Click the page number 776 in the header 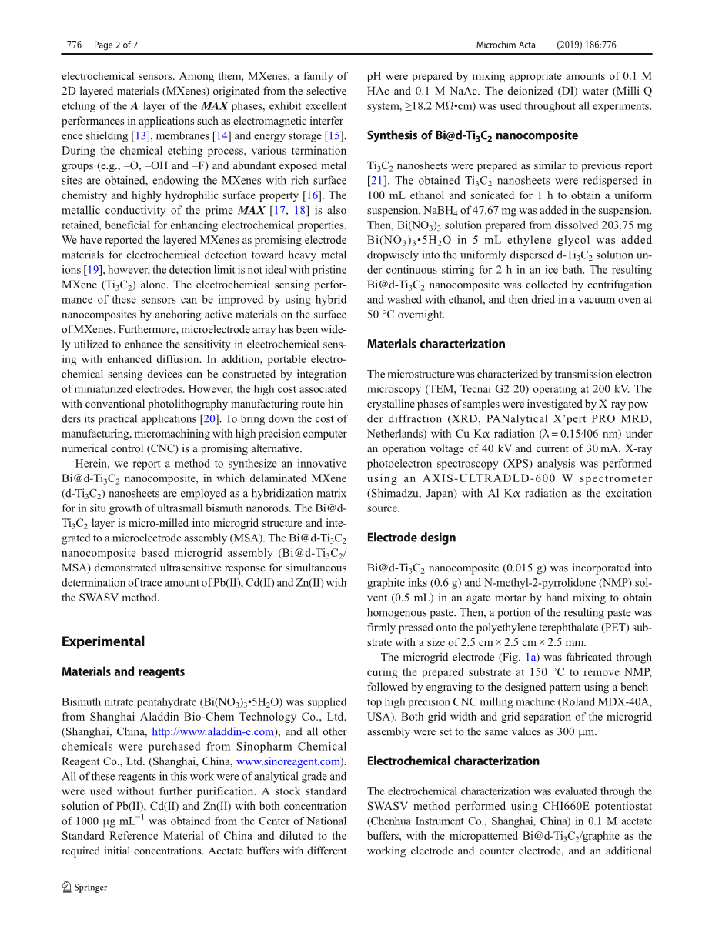click(x=74, y=45)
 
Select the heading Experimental click(x=103, y=641)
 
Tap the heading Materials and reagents click(x=123, y=671)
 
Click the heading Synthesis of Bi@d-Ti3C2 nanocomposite click(x=472, y=135)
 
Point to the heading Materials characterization click(x=436, y=344)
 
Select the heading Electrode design click(x=411, y=538)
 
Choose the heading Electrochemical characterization click(x=453, y=761)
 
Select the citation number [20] click(x=209, y=419)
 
